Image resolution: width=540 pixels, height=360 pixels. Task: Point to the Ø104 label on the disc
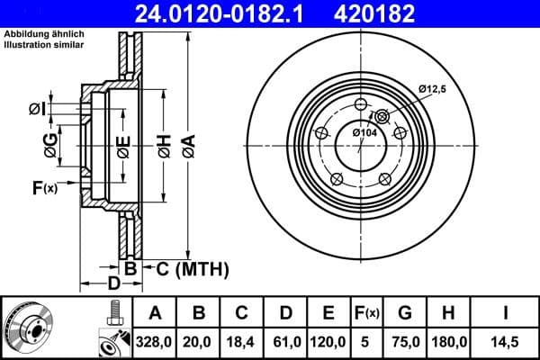(364, 132)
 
